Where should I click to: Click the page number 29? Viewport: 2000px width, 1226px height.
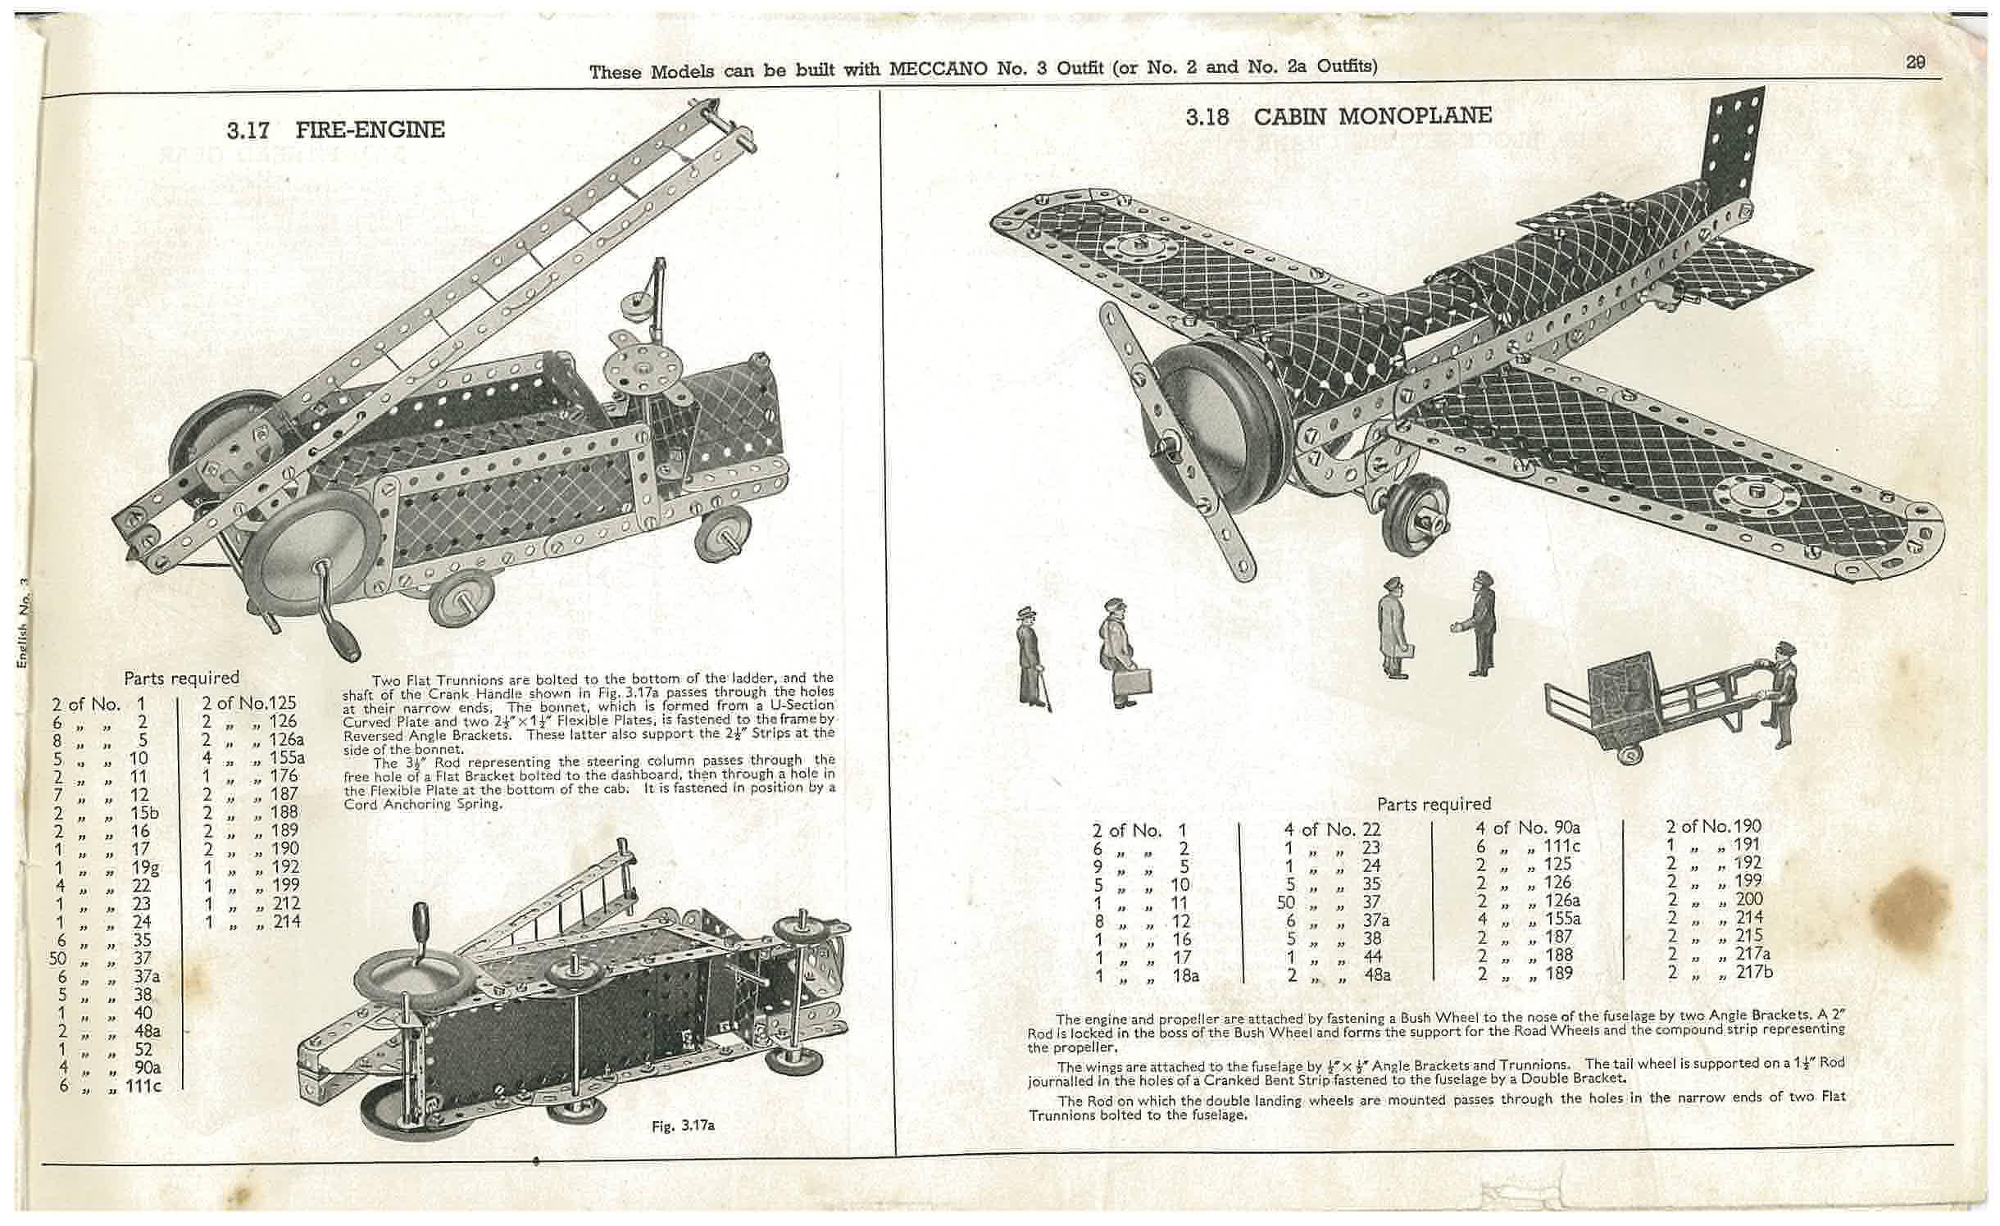point(1916,64)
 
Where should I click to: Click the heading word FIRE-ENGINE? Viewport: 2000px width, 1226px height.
point(370,129)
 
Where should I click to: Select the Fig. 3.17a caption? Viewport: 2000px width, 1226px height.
point(683,1125)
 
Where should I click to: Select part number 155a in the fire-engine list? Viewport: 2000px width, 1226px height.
point(287,758)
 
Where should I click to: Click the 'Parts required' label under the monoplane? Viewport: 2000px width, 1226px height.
point(1434,804)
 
